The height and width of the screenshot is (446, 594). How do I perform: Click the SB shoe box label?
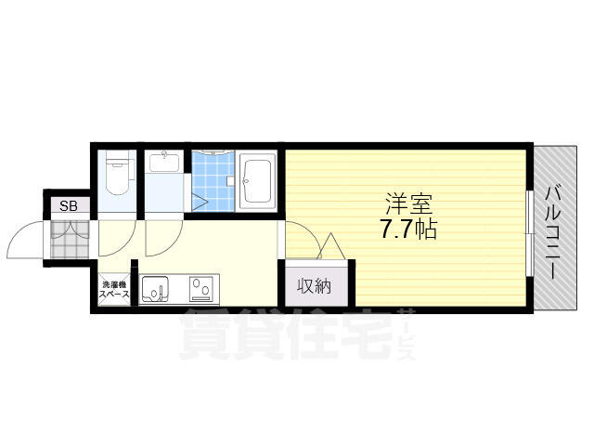pyautogui.click(x=69, y=206)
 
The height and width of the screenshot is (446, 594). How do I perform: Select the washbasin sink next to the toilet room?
pyautogui.click(x=164, y=162)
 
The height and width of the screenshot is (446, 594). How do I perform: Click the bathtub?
pyautogui.click(x=257, y=180)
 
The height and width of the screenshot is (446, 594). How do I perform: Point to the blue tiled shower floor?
pyautogui.click(x=213, y=181)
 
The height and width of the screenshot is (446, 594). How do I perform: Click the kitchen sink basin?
pyautogui.click(x=155, y=289)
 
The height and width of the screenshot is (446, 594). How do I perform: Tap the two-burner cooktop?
pyautogui.click(x=202, y=289)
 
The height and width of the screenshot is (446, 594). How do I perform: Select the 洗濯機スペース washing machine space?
pyautogui.click(x=114, y=289)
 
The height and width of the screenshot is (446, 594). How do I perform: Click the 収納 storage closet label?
pyautogui.click(x=315, y=286)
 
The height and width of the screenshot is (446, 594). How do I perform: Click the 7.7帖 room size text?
pyautogui.click(x=408, y=229)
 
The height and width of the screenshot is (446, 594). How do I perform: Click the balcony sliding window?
pyautogui.click(x=530, y=232)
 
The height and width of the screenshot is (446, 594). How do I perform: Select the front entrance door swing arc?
pyautogui.click(x=19, y=231)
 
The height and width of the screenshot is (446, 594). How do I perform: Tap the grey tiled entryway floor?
pyautogui.click(x=70, y=240)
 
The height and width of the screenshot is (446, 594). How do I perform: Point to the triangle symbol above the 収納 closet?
pyautogui.click(x=331, y=245)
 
